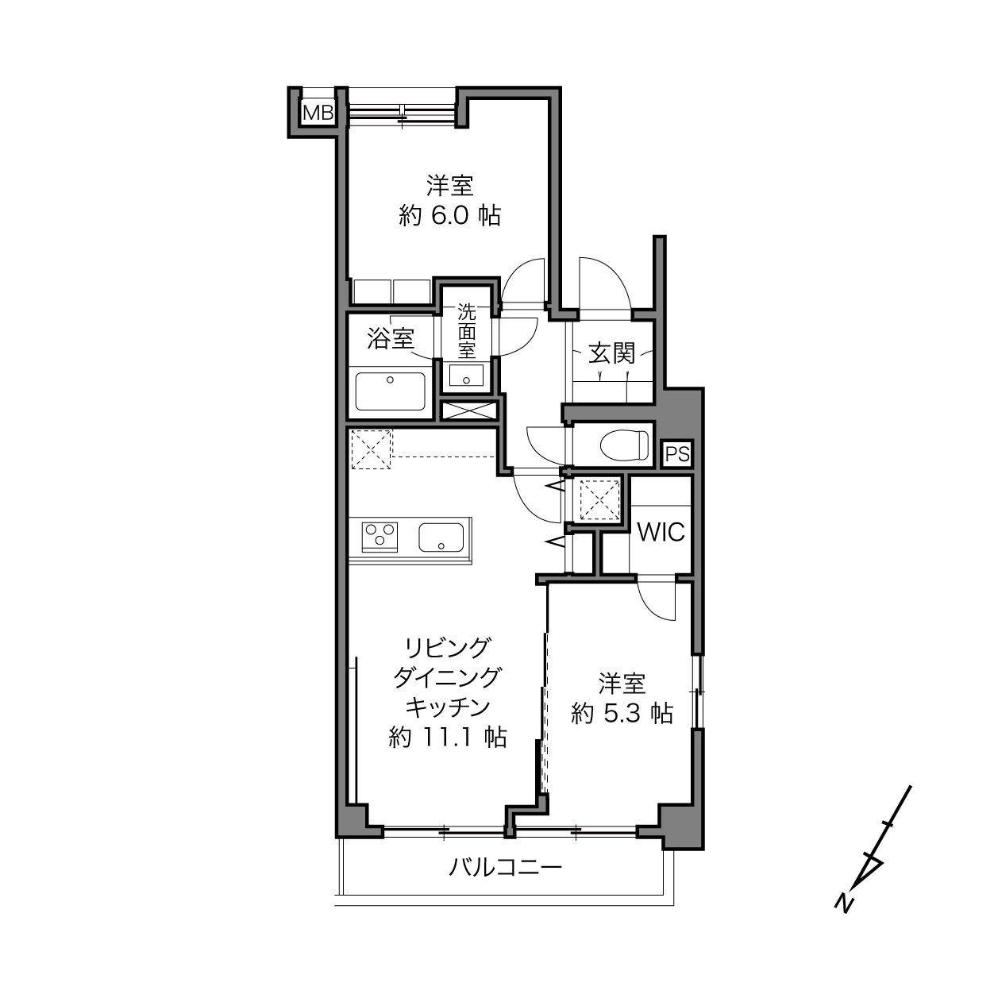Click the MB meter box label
(x=318, y=113)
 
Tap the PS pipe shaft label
(x=677, y=454)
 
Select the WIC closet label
(x=661, y=532)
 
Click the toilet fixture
(x=624, y=444)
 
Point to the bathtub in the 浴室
(x=390, y=391)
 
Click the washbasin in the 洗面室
(x=466, y=375)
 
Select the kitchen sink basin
(x=441, y=537)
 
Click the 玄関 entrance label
(x=612, y=353)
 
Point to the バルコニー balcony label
(x=505, y=867)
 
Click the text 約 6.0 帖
(x=450, y=215)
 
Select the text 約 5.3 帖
(x=622, y=714)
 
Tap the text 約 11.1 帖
(x=448, y=737)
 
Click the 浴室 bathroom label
(x=391, y=339)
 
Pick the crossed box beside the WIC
(x=599, y=499)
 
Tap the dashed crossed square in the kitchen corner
(x=372, y=449)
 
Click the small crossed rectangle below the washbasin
(x=469, y=410)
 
